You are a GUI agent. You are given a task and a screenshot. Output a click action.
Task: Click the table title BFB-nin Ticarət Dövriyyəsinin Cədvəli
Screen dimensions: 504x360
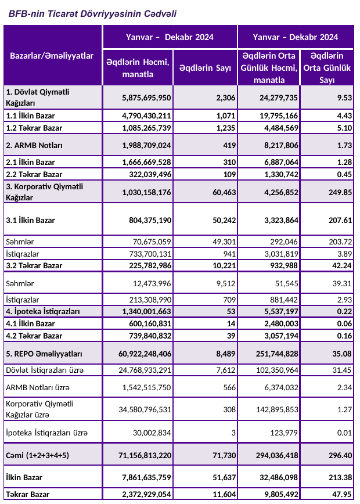click(92, 13)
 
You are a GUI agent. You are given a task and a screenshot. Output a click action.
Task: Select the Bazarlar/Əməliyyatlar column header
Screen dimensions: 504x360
click(52, 56)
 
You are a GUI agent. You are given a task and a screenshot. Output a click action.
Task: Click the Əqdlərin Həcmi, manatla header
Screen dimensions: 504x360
click(138, 69)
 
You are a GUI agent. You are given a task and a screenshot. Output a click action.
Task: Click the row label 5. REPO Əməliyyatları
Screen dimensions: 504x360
click(44, 354)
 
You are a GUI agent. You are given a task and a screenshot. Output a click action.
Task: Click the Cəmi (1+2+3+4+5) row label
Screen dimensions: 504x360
click(37, 455)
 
